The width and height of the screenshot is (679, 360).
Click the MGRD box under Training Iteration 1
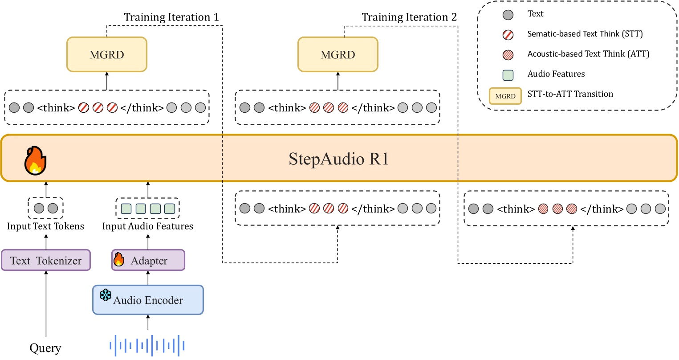tap(107, 54)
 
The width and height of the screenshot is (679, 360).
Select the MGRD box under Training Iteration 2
tap(337, 54)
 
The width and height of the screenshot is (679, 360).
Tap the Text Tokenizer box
tap(46, 260)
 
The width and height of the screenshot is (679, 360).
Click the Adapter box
tap(148, 260)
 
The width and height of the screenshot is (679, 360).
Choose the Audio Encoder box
tap(148, 300)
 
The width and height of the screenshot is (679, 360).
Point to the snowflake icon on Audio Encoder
tap(106, 295)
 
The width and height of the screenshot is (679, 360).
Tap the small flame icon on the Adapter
tap(119, 259)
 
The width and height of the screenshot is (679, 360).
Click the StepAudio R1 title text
tap(338, 159)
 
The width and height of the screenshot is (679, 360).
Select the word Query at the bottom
tap(45, 348)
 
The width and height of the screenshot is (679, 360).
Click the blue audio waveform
tap(147, 345)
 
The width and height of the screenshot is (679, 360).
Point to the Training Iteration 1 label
tap(171, 17)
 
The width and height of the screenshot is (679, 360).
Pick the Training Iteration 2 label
tap(409, 17)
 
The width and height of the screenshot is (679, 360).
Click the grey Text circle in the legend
tap(508, 15)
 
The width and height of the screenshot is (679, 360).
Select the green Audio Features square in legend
tap(508, 75)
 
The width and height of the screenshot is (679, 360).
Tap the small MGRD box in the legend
tap(505, 96)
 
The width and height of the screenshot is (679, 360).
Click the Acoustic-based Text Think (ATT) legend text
tap(588, 54)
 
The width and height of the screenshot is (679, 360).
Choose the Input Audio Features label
tap(148, 226)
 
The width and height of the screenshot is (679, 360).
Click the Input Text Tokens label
tap(45, 226)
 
